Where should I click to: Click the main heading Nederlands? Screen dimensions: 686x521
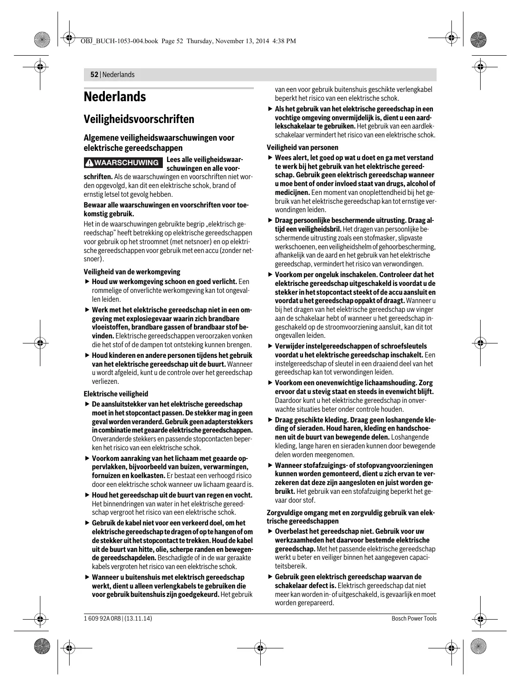pyautogui.click(x=115, y=97)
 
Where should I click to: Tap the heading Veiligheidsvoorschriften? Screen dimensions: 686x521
pyautogui.click(x=139, y=119)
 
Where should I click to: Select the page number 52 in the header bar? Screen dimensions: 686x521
pyautogui.click(x=94, y=75)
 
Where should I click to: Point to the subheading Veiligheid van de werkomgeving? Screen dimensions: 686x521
pyautogui.click(x=132, y=272)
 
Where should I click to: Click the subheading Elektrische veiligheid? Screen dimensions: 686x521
pyautogui.click(x=116, y=394)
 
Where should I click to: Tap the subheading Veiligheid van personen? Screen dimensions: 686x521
pyautogui.click(x=302, y=148)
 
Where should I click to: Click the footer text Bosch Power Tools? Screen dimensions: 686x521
pyautogui.click(x=414, y=618)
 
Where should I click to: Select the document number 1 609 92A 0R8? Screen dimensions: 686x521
pyautogui.click(x=103, y=618)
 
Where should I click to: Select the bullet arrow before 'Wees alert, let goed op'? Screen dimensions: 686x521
pyautogui.click(x=270, y=158)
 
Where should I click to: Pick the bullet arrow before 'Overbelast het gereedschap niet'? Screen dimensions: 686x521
pyautogui.click(x=270, y=531)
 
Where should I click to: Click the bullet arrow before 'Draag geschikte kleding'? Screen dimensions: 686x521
pyautogui.click(x=270, y=420)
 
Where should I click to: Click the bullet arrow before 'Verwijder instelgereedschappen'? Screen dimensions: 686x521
pyautogui.click(x=270, y=346)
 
